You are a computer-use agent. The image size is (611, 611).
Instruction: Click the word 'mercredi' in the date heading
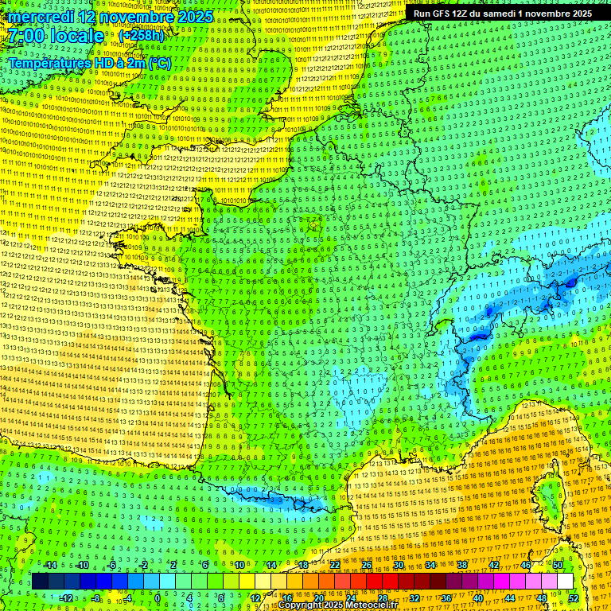(x=41, y=17)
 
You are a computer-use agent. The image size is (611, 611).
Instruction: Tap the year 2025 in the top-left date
(x=194, y=17)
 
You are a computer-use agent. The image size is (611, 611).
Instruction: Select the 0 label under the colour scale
(x=158, y=597)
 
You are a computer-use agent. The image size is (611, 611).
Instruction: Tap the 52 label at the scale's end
(x=573, y=597)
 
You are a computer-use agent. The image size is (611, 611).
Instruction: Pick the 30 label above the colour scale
(x=398, y=565)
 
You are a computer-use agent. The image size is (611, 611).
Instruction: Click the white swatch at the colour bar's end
(x=565, y=582)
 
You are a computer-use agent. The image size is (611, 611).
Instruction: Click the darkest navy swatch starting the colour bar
(x=40, y=582)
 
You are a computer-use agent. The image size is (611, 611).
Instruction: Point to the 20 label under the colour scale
(x=318, y=597)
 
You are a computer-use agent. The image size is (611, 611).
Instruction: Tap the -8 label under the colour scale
(x=96, y=597)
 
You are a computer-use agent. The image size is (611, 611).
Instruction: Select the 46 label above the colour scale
(x=525, y=565)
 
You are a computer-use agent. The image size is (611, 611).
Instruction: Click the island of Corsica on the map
(x=549, y=493)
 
